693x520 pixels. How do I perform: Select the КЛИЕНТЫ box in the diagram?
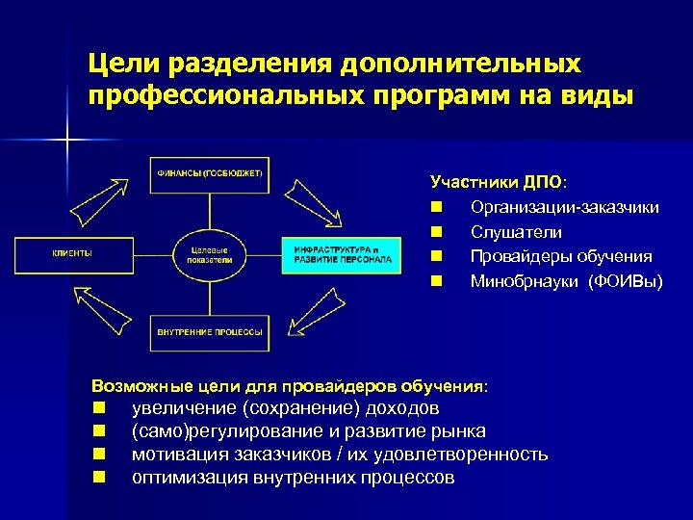(x=71, y=253)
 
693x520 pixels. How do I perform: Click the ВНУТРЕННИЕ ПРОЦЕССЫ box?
(x=210, y=331)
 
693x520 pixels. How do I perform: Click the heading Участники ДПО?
(x=498, y=182)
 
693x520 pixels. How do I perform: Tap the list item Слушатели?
(x=516, y=232)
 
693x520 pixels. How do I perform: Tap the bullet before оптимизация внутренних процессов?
(x=98, y=478)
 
